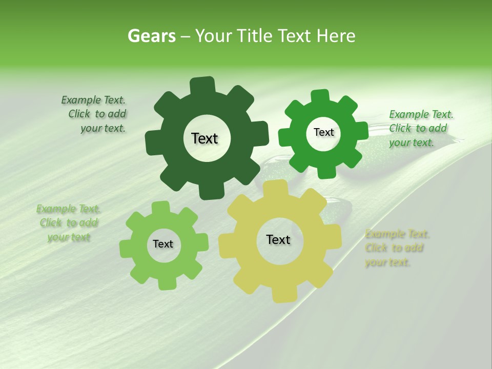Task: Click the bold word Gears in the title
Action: [151, 36]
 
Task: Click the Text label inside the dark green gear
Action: [204, 138]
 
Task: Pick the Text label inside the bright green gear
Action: [323, 132]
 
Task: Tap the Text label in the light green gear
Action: [163, 244]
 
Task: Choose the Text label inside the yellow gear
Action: [278, 239]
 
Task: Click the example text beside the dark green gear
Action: [95, 114]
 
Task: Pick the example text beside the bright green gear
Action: [420, 128]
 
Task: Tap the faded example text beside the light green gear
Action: [68, 223]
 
